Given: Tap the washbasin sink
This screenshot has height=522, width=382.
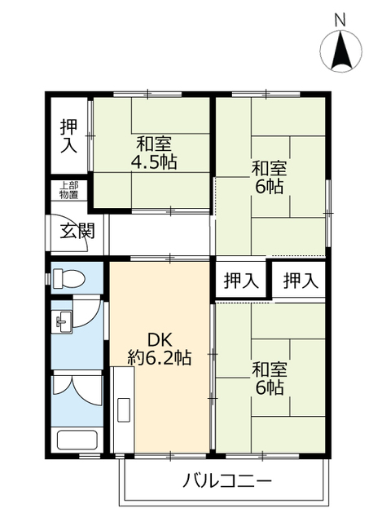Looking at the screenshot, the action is click(64, 322).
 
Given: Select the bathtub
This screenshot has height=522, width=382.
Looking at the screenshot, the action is click(77, 440).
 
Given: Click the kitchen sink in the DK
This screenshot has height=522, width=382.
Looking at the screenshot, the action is click(123, 410).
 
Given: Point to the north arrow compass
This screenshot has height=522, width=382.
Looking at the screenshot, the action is click(340, 50).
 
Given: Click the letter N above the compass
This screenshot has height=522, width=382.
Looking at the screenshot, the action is click(340, 20).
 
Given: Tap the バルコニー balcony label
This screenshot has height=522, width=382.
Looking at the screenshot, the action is click(227, 481).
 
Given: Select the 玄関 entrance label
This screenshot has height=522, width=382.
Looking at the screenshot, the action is click(77, 230).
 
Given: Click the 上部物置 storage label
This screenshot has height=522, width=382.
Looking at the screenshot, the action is click(68, 190).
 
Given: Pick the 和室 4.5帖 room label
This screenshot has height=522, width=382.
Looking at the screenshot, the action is click(154, 153).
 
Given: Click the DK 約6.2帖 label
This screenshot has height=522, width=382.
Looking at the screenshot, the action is click(160, 349).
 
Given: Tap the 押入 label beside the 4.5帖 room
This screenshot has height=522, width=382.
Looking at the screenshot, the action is click(68, 136).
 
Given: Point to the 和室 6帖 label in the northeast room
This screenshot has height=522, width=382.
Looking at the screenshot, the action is click(270, 177).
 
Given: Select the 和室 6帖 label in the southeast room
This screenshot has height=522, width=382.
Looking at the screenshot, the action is click(270, 378).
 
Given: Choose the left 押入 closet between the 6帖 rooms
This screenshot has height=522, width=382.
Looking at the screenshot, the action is click(241, 279).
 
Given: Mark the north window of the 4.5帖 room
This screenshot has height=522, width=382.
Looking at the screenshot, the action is click(147, 95).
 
